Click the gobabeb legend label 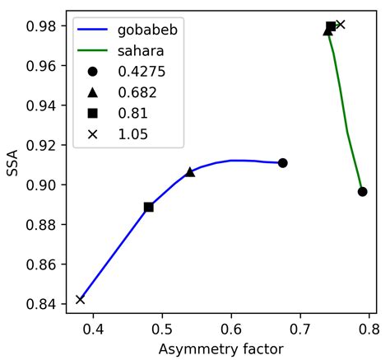click(x=143, y=30)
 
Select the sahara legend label click(x=137, y=51)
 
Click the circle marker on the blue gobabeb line click(x=282, y=163)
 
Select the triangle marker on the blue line click(x=190, y=172)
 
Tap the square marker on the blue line click(x=149, y=207)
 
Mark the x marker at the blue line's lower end click(x=80, y=299)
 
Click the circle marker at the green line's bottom click(x=362, y=192)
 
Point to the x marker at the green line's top click(x=341, y=25)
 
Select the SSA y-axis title click(x=12, y=164)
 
